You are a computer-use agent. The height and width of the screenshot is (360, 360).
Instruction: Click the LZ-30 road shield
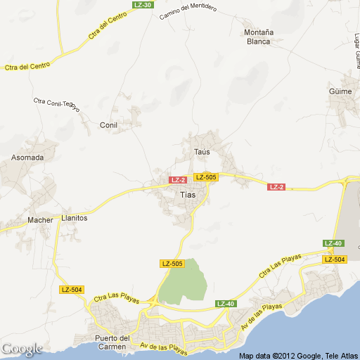pyautogui.click(x=143, y=4)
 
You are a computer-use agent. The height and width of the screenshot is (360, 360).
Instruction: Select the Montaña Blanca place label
pyautogui.click(x=259, y=37)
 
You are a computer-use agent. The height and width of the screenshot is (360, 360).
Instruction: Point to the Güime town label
pyautogui.click(x=340, y=91)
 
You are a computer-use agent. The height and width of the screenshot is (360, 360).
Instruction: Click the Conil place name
pyautogui.click(x=108, y=125)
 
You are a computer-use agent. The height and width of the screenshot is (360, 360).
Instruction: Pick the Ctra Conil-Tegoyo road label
pyautogui.click(x=57, y=104)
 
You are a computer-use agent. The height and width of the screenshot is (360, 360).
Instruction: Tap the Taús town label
pyautogui.click(x=202, y=151)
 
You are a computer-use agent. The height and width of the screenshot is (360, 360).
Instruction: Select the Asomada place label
pyautogui.click(x=27, y=157)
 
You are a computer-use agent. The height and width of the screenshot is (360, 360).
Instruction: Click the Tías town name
pyautogui.click(x=188, y=195)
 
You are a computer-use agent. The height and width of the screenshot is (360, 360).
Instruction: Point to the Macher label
pyautogui.click(x=40, y=220)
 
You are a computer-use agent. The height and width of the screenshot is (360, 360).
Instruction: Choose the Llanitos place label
pyautogui.click(x=74, y=218)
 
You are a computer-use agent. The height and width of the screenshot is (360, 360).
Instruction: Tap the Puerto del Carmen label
pyautogui.click(x=112, y=342)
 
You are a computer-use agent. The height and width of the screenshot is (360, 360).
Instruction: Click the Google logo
pyautogui.click(x=22, y=349)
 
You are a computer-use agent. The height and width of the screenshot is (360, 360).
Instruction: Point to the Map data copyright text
pyautogui.click(x=298, y=356)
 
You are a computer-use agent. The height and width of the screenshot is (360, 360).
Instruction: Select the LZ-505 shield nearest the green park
pyautogui.click(x=172, y=264)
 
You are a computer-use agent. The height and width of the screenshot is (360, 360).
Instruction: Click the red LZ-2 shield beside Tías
pyautogui.click(x=178, y=180)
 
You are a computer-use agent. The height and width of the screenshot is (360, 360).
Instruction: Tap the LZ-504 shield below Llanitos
pyautogui.click(x=72, y=290)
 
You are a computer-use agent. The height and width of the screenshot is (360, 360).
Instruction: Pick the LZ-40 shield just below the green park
pyautogui.click(x=225, y=304)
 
